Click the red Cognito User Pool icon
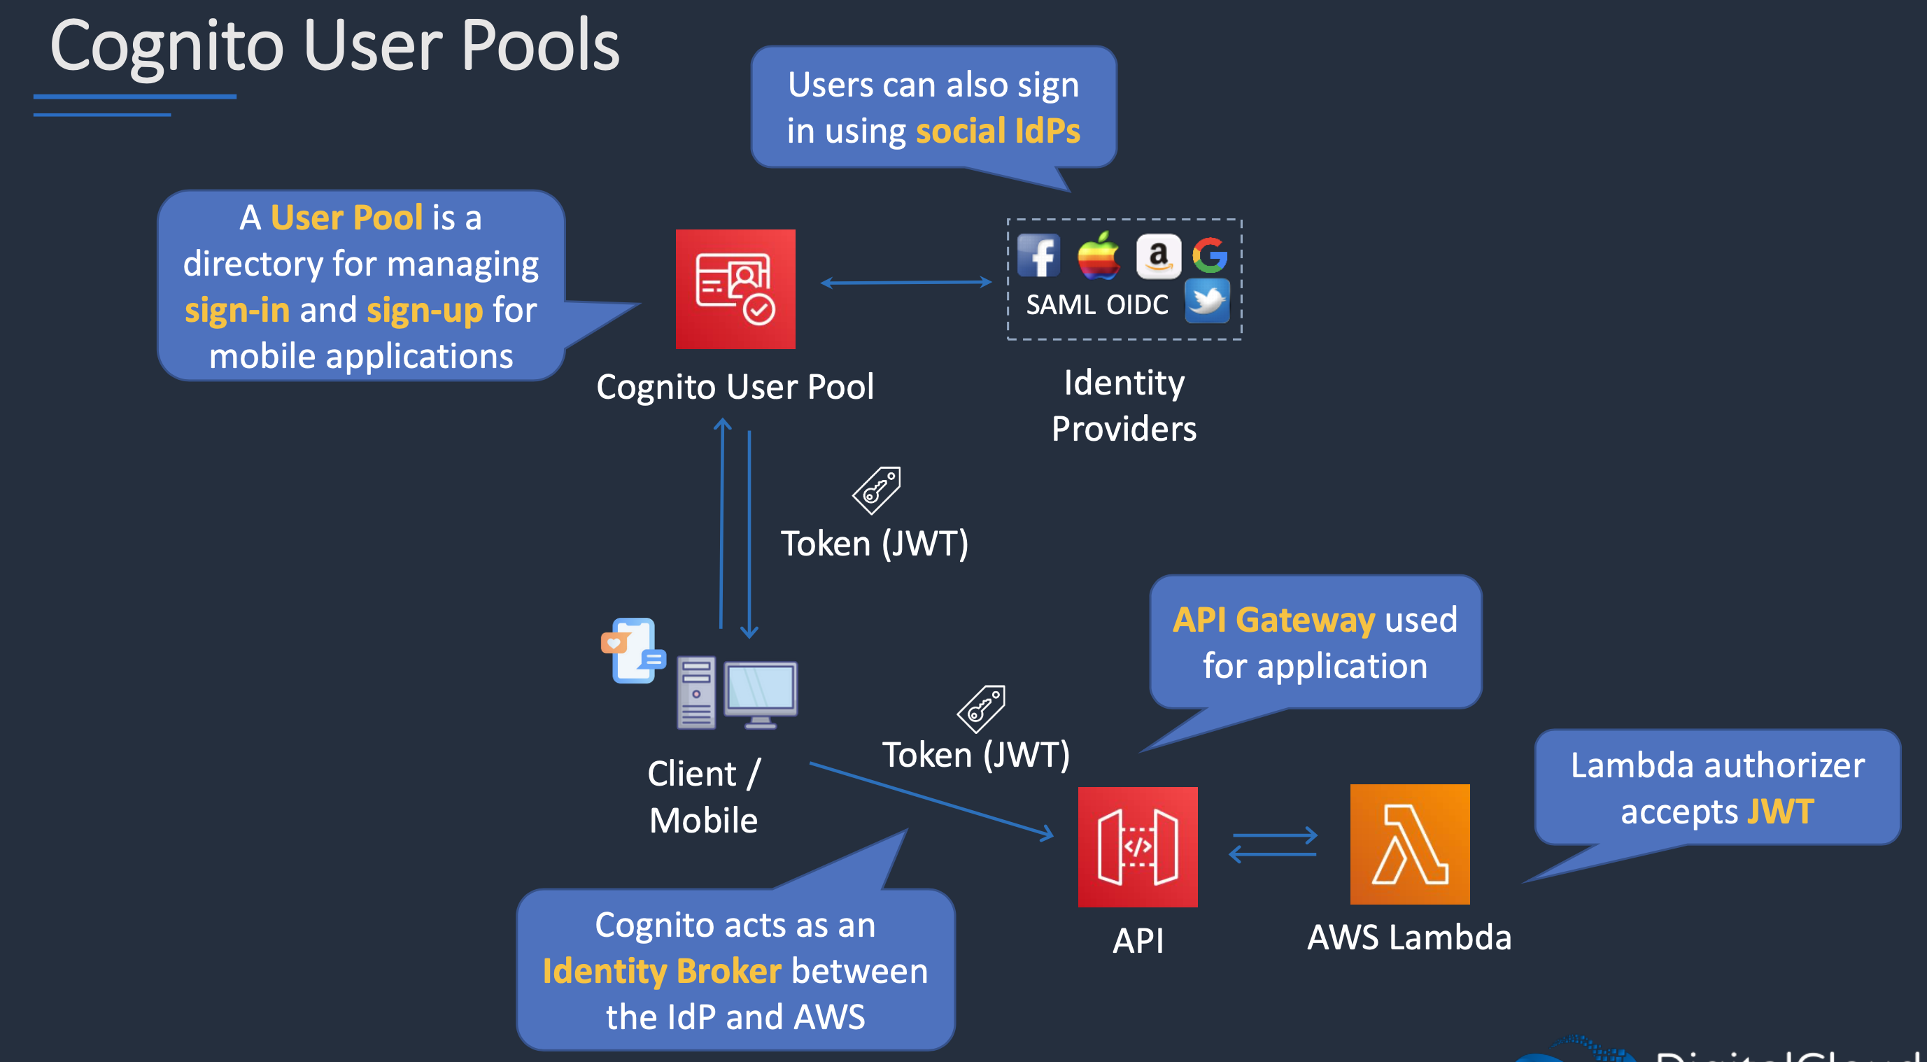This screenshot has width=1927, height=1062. [x=735, y=289]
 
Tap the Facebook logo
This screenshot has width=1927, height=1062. [x=1038, y=255]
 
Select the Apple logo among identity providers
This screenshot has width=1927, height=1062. [x=1097, y=255]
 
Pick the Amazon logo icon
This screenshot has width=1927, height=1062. [x=1158, y=256]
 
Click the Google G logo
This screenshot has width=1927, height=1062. [x=1210, y=255]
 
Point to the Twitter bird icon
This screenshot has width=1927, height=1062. [x=1206, y=301]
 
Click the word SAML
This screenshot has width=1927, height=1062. [x=1060, y=305]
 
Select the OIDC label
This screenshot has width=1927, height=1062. [x=1137, y=305]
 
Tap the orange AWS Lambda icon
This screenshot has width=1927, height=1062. [x=1409, y=844]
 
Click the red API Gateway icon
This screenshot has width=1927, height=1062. [x=1137, y=847]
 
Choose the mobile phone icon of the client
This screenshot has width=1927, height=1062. [x=634, y=650]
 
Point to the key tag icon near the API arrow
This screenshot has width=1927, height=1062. [x=981, y=708]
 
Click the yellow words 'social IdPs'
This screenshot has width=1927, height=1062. [x=998, y=132]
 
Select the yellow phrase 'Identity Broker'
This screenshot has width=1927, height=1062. [x=662, y=972]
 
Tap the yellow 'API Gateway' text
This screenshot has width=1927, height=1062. [x=1273, y=620]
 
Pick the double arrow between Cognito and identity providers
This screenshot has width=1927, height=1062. [x=906, y=283]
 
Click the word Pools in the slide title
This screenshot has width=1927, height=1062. [x=540, y=46]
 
